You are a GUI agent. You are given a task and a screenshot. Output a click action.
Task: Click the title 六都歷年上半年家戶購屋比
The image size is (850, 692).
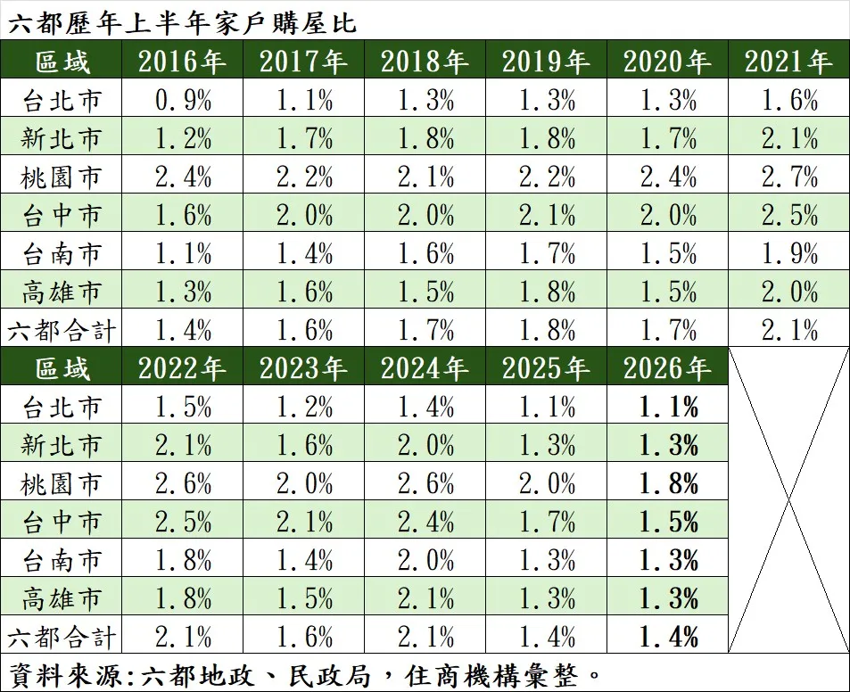(182, 22)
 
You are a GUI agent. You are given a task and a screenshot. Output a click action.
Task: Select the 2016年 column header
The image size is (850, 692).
(182, 61)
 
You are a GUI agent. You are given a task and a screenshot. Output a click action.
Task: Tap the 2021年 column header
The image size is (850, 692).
(788, 61)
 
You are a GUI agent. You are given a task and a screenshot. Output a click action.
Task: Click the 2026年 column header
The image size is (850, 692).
(667, 368)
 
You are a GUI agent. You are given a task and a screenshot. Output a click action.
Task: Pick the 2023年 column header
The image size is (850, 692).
(303, 368)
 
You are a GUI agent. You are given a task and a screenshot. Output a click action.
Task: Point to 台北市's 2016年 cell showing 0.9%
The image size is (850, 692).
(183, 100)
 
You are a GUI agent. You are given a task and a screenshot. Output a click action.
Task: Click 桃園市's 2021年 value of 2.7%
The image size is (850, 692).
(789, 177)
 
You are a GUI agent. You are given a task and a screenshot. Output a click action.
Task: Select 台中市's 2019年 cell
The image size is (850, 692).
(547, 215)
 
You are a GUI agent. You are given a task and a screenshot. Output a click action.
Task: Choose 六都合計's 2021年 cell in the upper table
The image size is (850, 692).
(789, 330)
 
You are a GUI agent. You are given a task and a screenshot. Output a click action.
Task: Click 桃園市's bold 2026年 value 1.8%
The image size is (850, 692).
(668, 482)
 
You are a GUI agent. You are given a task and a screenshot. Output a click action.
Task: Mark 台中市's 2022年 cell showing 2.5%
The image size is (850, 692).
(183, 522)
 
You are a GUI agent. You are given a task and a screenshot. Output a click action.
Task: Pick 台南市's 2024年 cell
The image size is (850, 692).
(425, 560)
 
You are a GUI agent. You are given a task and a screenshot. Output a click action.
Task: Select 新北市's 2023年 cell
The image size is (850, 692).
(304, 445)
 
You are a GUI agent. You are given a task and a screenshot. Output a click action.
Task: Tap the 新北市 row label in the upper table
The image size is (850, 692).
(61, 139)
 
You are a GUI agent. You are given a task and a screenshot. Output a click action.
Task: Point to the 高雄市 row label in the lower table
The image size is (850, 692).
(61, 598)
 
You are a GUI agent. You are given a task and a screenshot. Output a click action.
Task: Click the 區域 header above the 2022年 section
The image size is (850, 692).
(62, 368)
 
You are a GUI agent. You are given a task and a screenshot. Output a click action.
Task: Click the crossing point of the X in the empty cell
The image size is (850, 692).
(788, 500)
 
